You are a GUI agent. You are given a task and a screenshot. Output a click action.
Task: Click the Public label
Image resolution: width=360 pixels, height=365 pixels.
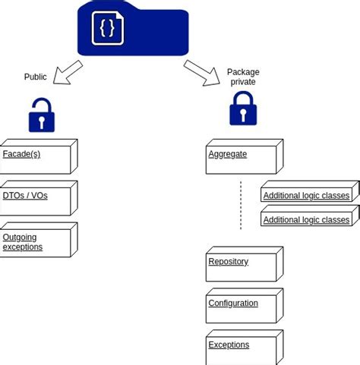[36, 77]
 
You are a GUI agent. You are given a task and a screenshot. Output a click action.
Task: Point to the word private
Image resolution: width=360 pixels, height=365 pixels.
[243, 82]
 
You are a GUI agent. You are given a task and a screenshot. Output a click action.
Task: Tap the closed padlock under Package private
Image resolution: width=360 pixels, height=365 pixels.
[243, 109]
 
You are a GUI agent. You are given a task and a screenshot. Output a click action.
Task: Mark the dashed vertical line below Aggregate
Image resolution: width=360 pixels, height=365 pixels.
[241, 205]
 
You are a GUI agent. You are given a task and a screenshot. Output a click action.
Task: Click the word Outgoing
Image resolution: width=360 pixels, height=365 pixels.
[20, 238]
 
